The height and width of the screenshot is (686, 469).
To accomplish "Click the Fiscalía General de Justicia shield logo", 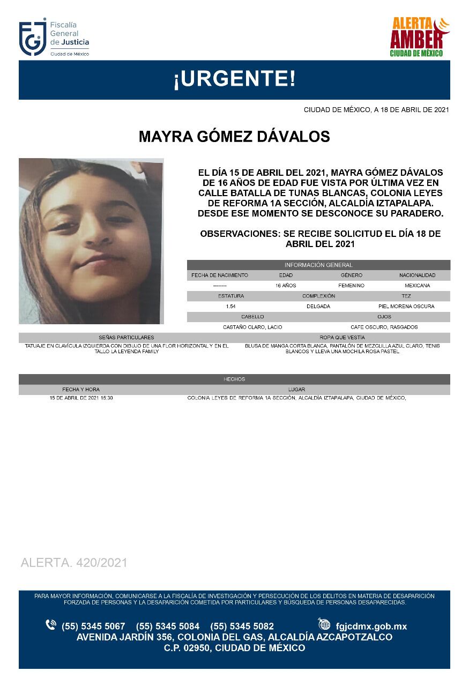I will pos(33,39).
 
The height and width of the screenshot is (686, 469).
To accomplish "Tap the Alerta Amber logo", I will pos(419,38).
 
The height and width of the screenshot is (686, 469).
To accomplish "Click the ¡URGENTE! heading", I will pos(234,80).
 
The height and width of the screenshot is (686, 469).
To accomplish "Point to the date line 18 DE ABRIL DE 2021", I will pos(376,110).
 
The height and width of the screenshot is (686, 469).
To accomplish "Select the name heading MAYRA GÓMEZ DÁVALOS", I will pos(234,137).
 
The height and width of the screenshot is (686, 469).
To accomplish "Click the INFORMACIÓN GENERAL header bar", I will pos(318,265).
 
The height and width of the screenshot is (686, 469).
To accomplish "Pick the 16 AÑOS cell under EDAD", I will pos(286,286).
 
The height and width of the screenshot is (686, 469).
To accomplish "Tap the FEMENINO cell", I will pos(351,286).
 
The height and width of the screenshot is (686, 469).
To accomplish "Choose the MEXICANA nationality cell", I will pos(417,286).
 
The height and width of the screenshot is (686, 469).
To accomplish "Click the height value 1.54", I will pos(231,307).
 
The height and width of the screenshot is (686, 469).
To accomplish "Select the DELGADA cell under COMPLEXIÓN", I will pos(318,307).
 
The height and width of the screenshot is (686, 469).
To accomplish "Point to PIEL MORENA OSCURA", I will pos(406,307).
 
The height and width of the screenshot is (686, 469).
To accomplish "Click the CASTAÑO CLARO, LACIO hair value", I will pos(252,327).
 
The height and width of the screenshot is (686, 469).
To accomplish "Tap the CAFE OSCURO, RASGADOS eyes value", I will pos(384,327).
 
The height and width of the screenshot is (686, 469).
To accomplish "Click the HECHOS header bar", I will pos(234,379).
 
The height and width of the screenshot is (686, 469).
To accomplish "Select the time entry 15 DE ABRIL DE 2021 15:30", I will pos(81,398).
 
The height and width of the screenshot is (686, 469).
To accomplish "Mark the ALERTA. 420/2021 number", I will pos(74,563).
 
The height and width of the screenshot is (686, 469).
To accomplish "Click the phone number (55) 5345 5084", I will pos(168,627).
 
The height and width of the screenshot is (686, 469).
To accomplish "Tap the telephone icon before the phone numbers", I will pos(51,625).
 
